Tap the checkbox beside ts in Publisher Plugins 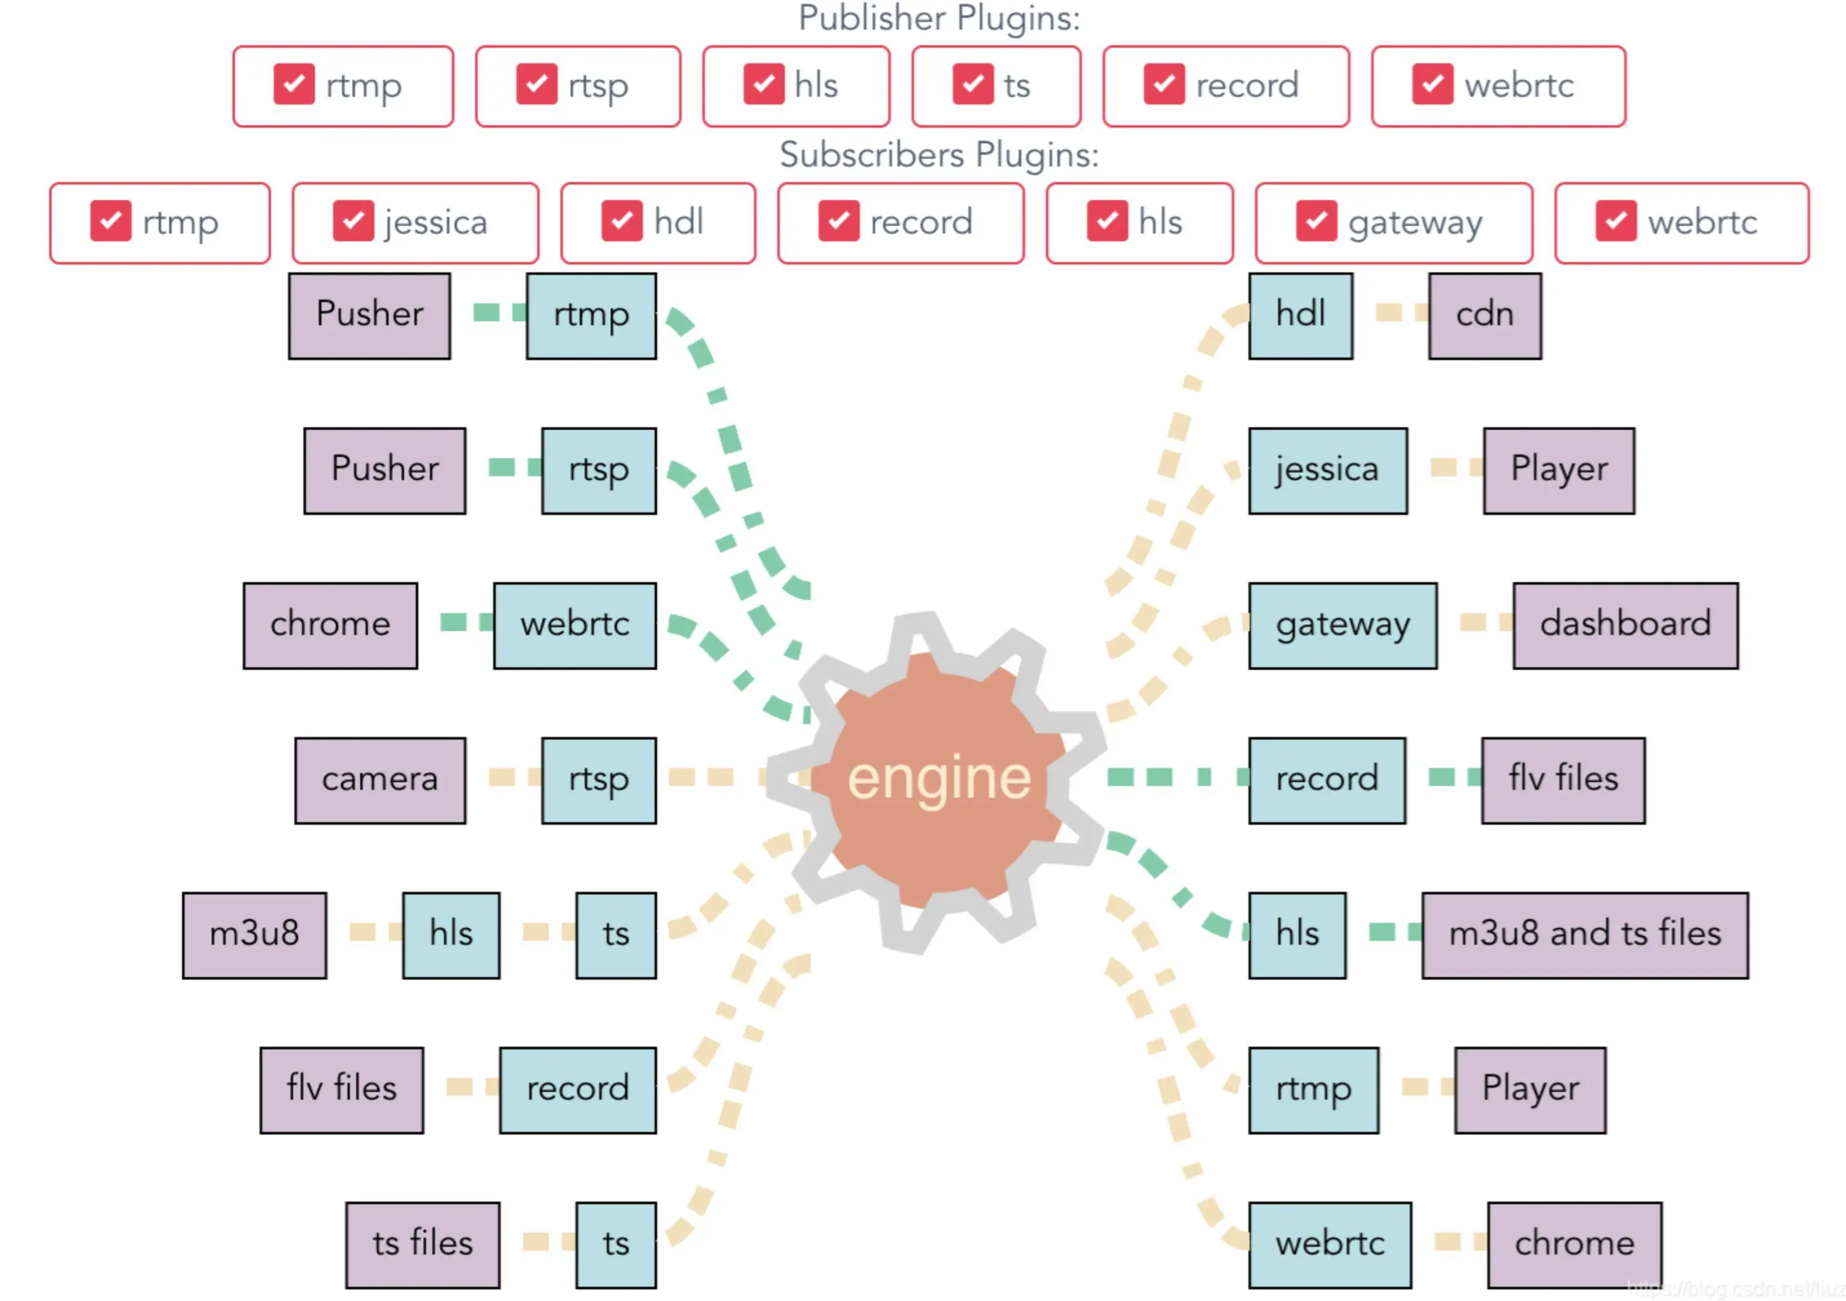pyautogui.click(x=973, y=85)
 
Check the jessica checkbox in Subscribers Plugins pyautogui.click(x=353, y=221)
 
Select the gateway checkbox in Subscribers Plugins pyautogui.click(x=1316, y=221)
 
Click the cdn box pyautogui.click(x=1484, y=315)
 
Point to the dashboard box pyautogui.click(x=1624, y=625)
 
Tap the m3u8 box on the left pyautogui.click(x=254, y=934)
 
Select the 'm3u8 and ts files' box pyautogui.click(x=1584, y=934)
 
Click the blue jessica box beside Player pyautogui.click(x=1328, y=470)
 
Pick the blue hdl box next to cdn pyautogui.click(x=1300, y=315)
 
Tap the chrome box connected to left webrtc pyautogui.click(x=330, y=625)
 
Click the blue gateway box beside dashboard pyautogui.click(x=1342, y=625)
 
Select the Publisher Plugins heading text pyautogui.click(x=938, y=17)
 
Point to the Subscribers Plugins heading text pyautogui.click(x=938, y=154)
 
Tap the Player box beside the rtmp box pyautogui.click(x=1529, y=1089)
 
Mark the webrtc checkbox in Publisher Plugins pyautogui.click(x=1432, y=85)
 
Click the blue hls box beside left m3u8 pyautogui.click(x=451, y=934)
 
